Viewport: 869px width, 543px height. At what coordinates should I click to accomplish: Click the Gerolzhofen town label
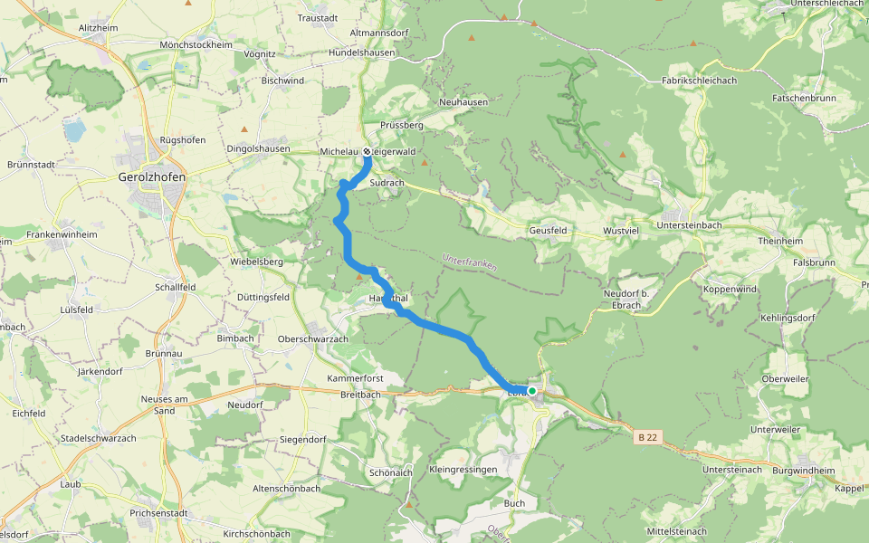pos(152,177)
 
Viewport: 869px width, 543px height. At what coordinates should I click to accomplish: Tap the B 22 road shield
pos(647,437)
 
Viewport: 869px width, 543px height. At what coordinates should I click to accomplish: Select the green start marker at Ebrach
pos(532,391)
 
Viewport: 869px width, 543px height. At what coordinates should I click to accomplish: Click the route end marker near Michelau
pos(368,151)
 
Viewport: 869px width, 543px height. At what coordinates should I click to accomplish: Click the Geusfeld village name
pos(548,231)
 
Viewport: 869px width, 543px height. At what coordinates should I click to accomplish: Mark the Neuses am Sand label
pos(164,404)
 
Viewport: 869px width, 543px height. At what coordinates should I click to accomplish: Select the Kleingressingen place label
pos(463,470)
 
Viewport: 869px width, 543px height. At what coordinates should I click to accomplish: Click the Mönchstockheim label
pos(196,44)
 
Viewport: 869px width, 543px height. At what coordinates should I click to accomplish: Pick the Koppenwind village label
pos(730,289)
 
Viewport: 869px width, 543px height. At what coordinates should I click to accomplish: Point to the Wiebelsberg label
pos(257,262)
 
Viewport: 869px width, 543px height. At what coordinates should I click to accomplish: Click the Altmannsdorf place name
pos(380,33)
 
